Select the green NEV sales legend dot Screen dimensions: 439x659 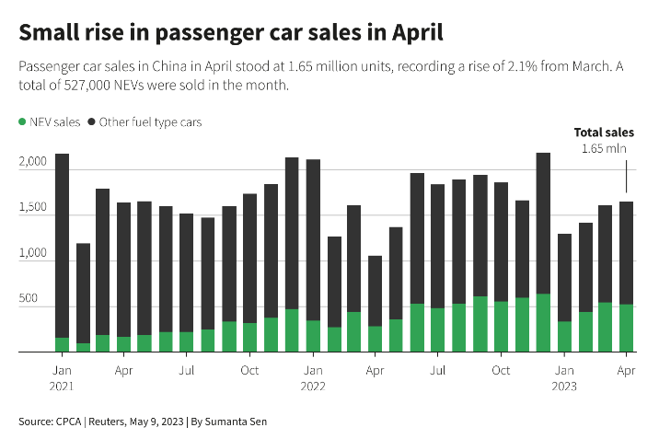pyautogui.click(x=22, y=121)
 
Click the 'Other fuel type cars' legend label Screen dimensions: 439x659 pyautogui.click(x=150, y=121)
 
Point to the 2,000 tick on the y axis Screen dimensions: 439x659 pyautogui.click(x=32, y=162)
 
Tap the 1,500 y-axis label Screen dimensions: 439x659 pyautogui.click(x=32, y=209)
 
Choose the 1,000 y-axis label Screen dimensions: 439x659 pyautogui.click(x=32, y=254)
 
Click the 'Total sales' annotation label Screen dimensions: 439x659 pyautogui.click(x=604, y=133)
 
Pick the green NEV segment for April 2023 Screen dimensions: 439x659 pyautogui.click(x=627, y=328)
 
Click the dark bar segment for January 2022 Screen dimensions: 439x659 pyautogui.click(x=313, y=239)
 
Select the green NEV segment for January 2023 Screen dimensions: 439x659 pyautogui.click(x=564, y=336)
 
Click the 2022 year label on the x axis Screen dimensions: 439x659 pyautogui.click(x=313, y=386)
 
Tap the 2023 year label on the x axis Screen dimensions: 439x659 pyautogui.click(x=564, y=386)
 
